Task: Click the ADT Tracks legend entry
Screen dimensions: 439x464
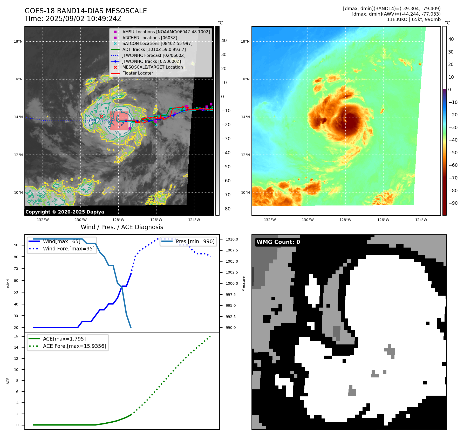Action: point(154,49)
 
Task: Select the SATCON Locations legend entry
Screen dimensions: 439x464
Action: point(157,43)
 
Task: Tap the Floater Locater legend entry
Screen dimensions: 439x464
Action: point(138,73)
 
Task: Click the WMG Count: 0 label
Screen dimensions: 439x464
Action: point(278,242)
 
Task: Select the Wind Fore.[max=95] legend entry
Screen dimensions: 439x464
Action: point(69,249)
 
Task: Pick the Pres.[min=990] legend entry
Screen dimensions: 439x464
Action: point(195,241)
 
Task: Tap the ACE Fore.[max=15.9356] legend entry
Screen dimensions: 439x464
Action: point(74,346)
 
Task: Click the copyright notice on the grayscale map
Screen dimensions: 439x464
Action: point(65,212)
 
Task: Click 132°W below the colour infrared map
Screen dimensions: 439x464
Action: point(270,220)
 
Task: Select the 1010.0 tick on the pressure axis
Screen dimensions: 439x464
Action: point(231,239)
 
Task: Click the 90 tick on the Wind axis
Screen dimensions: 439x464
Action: point(16,245)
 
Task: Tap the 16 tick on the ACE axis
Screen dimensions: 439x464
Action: point(16,336)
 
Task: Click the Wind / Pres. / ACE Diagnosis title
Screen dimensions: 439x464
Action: point(122,227)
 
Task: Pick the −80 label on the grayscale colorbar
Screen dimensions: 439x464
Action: point(226,209)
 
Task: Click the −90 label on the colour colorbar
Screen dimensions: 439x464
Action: point(453,203)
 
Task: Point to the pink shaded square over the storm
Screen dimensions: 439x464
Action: point(119,121)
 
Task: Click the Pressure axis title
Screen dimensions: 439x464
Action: point(243,284)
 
